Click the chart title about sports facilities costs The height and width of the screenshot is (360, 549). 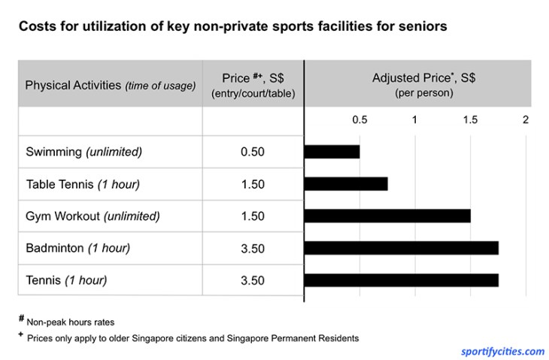(233, 26)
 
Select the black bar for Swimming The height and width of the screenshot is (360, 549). (332, 151)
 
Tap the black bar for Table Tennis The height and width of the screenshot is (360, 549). (346, 183)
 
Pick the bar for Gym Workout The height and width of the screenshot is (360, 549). (387, 216)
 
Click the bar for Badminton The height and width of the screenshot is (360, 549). (401, 248)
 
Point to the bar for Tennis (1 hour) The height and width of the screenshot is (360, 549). (401, 280)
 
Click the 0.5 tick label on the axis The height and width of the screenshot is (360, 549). (359, 120)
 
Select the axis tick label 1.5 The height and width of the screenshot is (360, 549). (470, 120)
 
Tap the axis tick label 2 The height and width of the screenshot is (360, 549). (526, 120)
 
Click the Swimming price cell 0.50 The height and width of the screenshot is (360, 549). (253, 152)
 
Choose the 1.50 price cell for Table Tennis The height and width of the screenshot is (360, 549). (253, 184)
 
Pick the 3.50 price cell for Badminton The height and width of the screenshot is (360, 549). (253, 249)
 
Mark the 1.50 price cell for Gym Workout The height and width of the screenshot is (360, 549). (253, 216)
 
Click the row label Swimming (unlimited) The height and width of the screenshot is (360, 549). (83, 152)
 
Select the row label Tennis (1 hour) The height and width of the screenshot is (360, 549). (66, 281)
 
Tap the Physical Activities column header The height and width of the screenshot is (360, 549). (110, 85)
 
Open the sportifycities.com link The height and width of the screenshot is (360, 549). (502, 351)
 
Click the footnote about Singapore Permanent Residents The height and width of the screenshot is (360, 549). (192, 338)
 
